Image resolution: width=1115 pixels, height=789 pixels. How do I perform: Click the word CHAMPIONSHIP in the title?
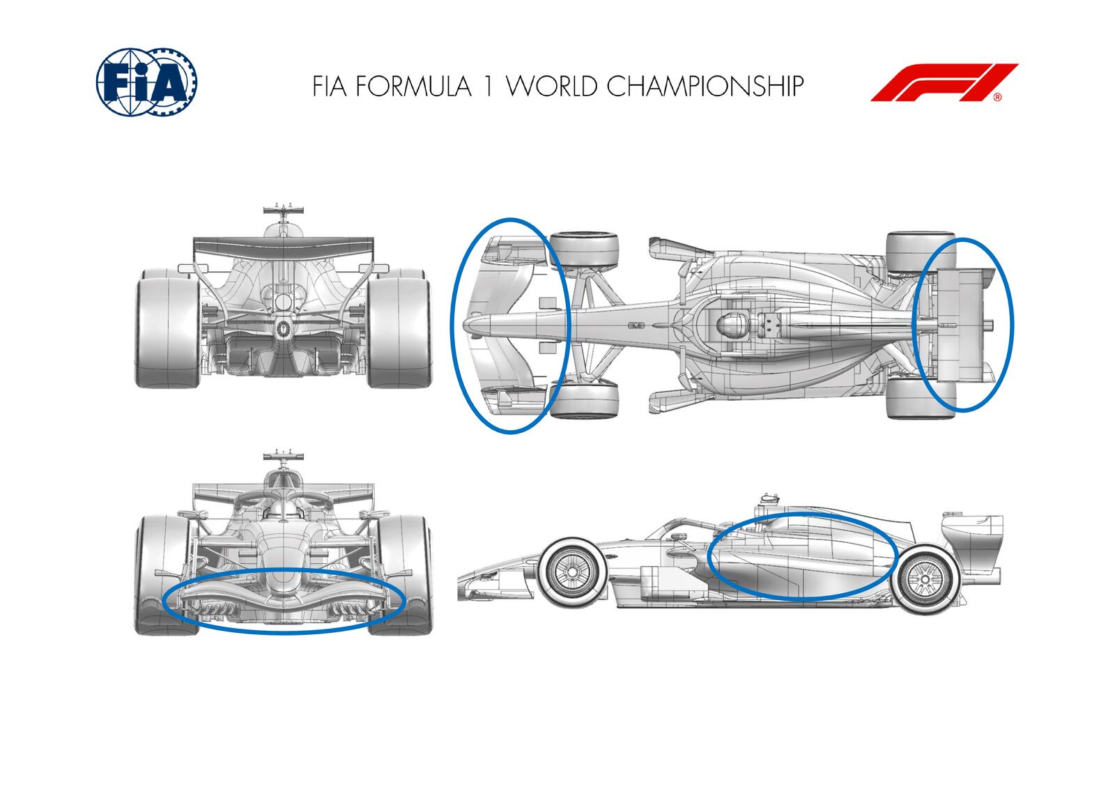(705, 86)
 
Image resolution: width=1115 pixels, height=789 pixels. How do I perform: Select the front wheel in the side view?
(571, 572)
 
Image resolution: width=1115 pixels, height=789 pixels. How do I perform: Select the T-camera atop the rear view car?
(283, 209)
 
